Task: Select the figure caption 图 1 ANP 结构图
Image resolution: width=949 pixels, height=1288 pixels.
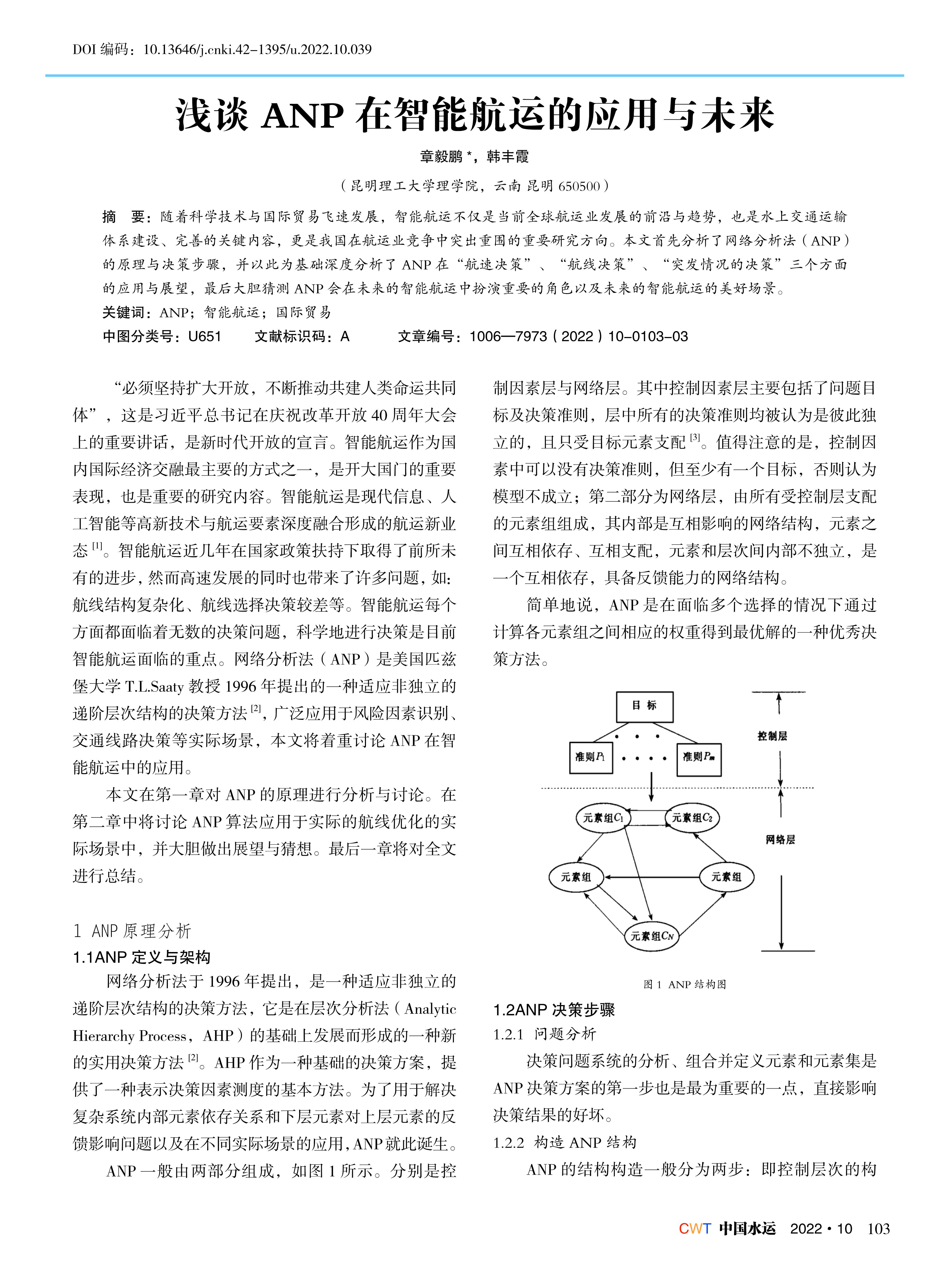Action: [685, 984]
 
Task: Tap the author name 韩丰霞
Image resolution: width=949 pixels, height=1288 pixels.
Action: [508, 156]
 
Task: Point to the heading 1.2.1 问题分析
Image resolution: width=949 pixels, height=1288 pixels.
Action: [545, 1034]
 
